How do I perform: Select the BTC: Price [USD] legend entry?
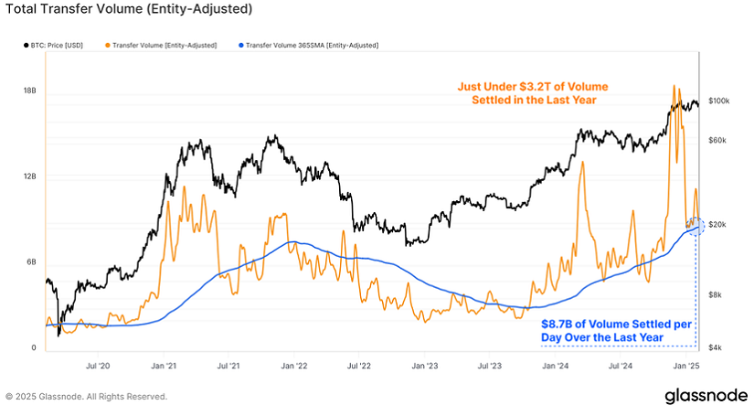coord(53,45)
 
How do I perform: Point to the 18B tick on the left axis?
coord(28,91)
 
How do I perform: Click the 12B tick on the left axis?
coord(28,176)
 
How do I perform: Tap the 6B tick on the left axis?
coord(29,262)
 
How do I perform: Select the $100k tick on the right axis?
coord(719,101)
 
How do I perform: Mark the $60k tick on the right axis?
coord(717,140)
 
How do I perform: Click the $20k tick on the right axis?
coord(717,225)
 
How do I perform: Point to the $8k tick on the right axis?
coord(716,294)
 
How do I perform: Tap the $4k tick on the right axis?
coord(716,347)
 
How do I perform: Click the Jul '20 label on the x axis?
coord(98,366)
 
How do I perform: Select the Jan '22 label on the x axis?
coord(293,366)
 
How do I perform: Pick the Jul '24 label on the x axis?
coord(620,366)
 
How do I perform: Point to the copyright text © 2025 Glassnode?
coord(87,397)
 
